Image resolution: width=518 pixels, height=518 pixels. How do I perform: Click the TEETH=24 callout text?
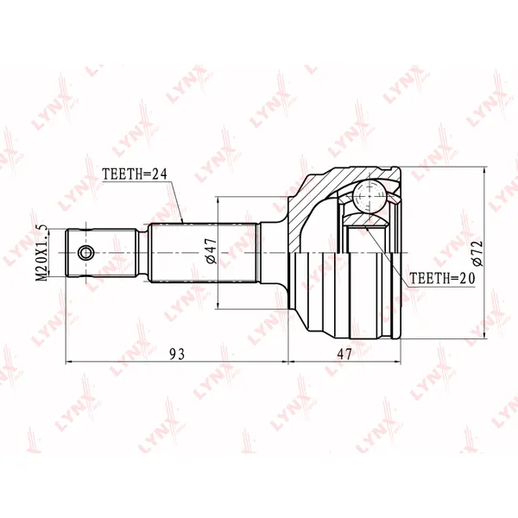[x=135, y=174]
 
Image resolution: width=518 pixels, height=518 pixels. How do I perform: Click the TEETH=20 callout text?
[x=442, y=278]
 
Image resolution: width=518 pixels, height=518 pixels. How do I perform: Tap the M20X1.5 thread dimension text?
[x=42, y=253]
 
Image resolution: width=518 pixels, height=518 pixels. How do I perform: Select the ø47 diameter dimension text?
[x=212, y=250]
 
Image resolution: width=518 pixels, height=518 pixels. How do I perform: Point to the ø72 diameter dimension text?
[x=477, y=253]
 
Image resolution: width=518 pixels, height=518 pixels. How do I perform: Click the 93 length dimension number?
[x=177, y=355]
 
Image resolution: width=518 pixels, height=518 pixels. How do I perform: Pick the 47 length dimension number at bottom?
[x=344, y=355]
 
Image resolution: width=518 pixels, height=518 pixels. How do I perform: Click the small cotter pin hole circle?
[x=85, y=253]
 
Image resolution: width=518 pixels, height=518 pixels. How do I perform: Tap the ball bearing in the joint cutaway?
[x=369, y=197]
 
